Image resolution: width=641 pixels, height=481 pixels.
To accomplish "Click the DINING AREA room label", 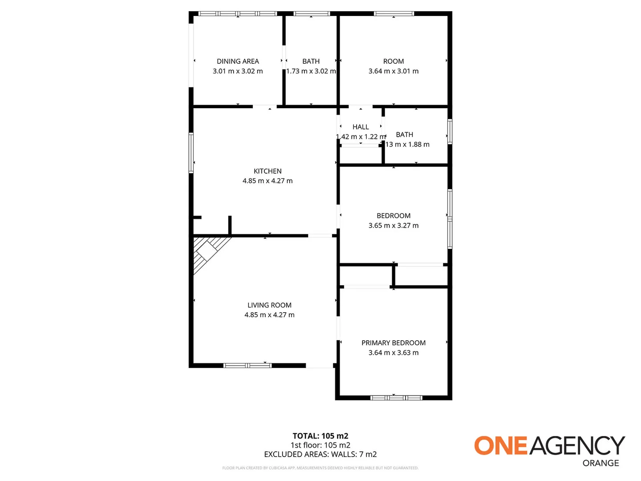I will click(238, 61).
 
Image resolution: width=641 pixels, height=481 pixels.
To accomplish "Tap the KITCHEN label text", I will click(268, 171).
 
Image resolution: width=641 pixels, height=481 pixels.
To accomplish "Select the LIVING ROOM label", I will click(269, 305).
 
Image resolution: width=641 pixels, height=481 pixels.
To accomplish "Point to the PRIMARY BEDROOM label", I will click(394, 343).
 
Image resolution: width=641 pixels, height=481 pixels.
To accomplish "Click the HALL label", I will click(361, 127).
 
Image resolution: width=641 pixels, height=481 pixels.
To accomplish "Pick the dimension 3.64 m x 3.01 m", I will click(394, 71).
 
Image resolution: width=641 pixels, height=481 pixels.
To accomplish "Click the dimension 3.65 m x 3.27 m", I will click(394, 225).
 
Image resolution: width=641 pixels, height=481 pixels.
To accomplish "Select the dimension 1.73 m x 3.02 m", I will click(311, 71).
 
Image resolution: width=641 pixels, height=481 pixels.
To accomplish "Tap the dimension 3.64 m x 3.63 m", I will click(394, 353).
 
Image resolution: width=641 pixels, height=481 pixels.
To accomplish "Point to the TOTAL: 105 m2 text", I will click(320, 436).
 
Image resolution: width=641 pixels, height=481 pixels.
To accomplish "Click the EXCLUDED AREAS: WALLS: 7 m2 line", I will click(320, 454).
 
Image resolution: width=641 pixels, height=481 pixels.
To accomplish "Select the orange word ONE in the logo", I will click(500, 446).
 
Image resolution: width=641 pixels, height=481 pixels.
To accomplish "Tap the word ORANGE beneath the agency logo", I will click(600, 463).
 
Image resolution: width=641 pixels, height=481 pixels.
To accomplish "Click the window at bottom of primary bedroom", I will click(396, 398).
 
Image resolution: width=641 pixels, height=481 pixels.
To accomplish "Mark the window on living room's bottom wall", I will click(247, 366).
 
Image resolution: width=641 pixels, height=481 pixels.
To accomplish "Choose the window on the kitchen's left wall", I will click(191, 152).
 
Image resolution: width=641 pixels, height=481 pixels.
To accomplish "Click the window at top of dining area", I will click(238, 14).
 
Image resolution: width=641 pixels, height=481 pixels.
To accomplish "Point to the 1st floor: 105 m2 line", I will click(320, 445).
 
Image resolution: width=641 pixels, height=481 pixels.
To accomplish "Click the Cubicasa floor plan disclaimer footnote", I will click(320, 468).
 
